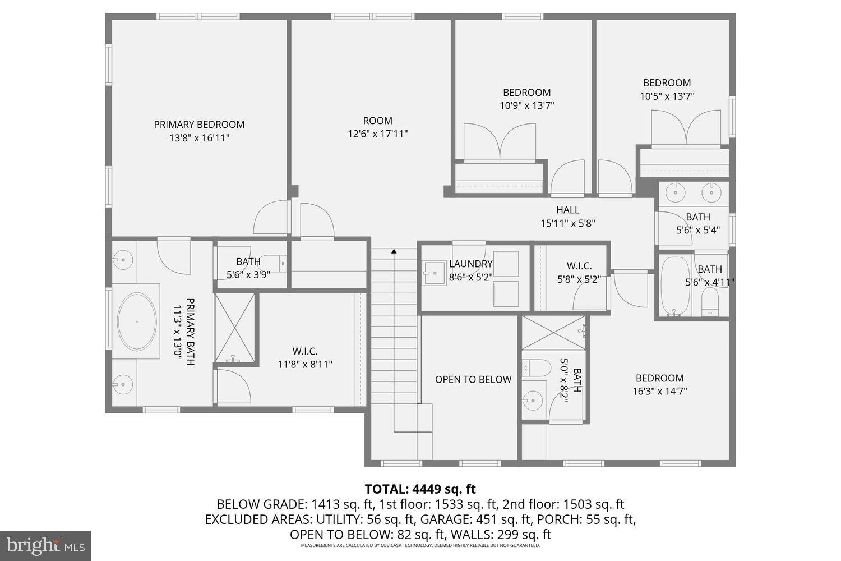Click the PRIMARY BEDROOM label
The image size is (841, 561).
point(199,125)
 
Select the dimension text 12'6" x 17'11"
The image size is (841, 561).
point(377,134)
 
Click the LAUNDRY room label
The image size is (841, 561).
point(470,264)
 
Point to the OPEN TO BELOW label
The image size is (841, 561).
point(473,380)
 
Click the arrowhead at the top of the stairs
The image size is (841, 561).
point(394,252)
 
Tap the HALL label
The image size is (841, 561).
point(567,210)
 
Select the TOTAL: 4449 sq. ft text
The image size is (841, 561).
point(420,489)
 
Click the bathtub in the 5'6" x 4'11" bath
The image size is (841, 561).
point(674,286)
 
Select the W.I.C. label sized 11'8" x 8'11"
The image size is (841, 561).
point(305,352)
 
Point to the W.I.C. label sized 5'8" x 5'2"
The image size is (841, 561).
point(579,266)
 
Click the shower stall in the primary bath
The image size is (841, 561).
point(235,329)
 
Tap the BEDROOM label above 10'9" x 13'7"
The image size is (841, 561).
point(526,93)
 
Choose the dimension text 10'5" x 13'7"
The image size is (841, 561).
point(667,96)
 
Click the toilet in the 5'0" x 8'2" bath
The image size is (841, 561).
point(532,368)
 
